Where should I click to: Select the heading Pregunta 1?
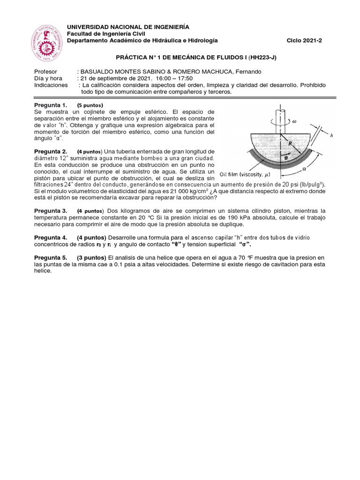click(51, 105)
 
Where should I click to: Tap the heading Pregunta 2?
click(51, 151)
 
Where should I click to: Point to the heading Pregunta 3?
click(51, 211)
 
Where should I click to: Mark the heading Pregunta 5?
click(51, 258)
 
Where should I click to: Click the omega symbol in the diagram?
click(294, 120)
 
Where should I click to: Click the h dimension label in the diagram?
click(331, 135)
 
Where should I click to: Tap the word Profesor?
click(46, 72)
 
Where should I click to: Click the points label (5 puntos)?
click(90, 105)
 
